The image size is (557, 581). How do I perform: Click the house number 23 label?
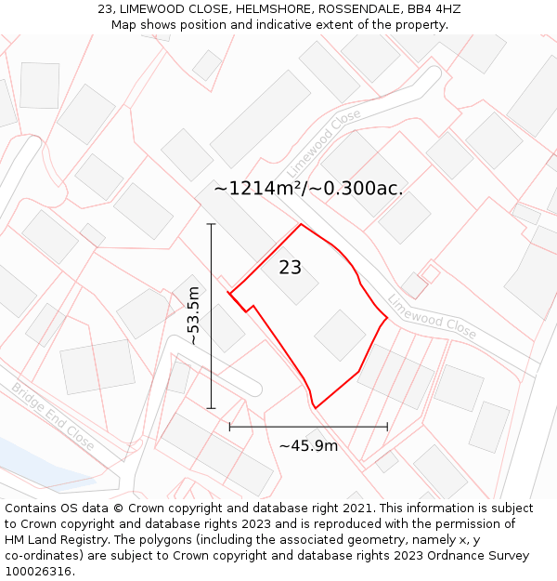[291, 268]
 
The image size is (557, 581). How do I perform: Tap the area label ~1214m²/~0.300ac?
[308, 189]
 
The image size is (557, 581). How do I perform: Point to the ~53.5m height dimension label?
[194, 316]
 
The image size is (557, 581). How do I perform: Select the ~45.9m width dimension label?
[308, 446]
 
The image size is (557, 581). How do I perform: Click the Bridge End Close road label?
[53, 416]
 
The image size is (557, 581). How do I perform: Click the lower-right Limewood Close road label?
[432, 317]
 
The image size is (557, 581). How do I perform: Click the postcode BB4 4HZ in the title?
[434, 9]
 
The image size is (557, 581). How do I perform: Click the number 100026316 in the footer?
[40, 572]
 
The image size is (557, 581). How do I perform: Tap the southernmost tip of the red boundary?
[317, 407]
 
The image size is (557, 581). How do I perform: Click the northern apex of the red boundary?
[300, 224]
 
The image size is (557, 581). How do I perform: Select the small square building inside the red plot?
[340, 335]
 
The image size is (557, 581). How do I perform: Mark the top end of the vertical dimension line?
[212, 224]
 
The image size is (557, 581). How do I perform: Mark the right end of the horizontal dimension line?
[387, 427]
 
